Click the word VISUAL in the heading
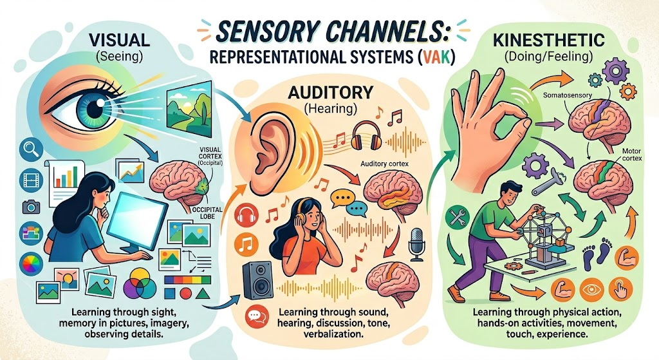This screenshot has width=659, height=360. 119,40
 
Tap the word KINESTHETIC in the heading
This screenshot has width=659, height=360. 549,40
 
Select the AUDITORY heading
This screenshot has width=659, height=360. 330,91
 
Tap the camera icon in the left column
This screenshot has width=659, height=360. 31,207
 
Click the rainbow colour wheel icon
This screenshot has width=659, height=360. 32,265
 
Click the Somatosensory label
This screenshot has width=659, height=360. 568,95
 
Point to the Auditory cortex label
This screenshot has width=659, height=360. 385,164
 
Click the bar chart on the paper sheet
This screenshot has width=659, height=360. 66,176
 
